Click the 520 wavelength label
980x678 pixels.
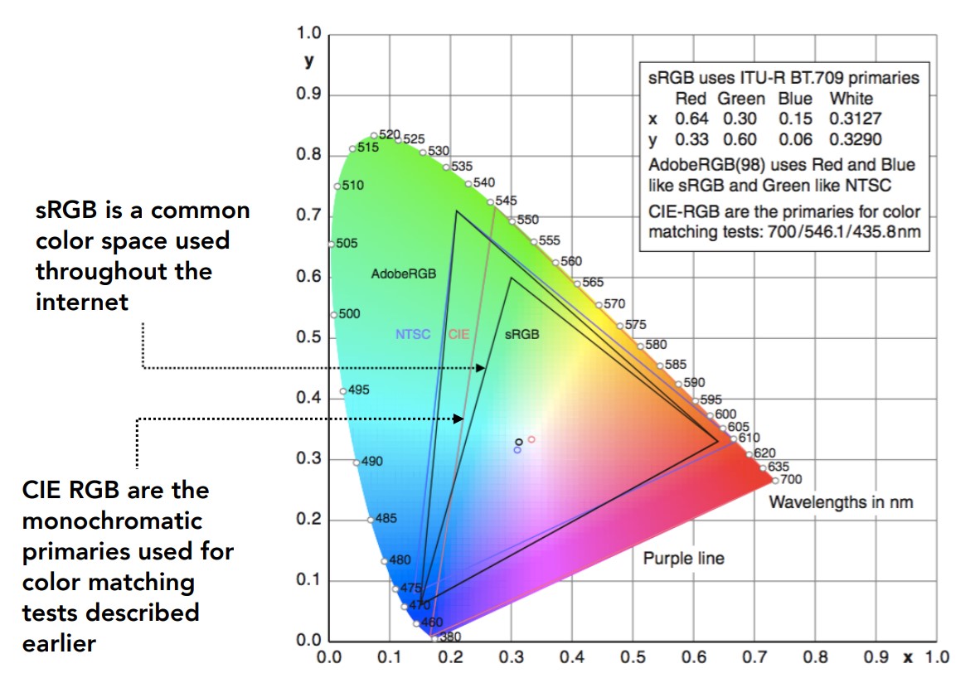click(x=390, y=134)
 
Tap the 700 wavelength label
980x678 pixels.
click(x=791, y=479)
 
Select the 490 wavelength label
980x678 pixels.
click(x=372, y=461)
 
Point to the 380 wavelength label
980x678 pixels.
click(x=450, y=637)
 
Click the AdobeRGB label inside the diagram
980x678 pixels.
click(x=404, y=274)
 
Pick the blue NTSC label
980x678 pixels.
click(x=413, y=334)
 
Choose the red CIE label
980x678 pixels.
click(x=458, y=334)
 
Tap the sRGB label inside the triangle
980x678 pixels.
click(x=522, y=334)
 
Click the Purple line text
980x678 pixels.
click(x=684, y=559)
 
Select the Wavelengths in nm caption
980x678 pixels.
click(x=842, y=502)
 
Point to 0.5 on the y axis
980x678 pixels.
click(x=308, y=337)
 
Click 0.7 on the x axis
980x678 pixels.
click(x=754, y=656)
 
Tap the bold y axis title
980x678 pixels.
click(x=309, y=61)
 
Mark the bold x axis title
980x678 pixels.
click(x=908, y=657)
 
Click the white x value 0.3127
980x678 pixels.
click(x=856, y=119)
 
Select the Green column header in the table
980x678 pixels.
click(x=741, y=99)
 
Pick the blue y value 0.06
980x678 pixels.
click(x=796, y=139)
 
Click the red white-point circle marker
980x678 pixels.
click(x=531, y=439)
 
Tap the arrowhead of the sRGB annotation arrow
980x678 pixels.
click(x=480, y=368)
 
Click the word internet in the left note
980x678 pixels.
click(x=82, y=302)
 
